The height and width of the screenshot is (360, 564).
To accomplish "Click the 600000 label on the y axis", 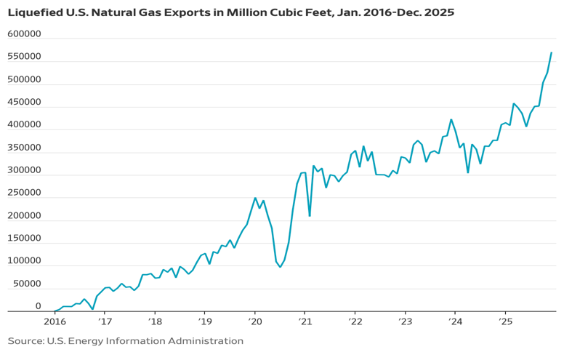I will point(25,34).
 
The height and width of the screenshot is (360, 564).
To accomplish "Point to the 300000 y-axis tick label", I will point(25,170).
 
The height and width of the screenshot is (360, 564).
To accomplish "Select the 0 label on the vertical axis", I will point(38,306).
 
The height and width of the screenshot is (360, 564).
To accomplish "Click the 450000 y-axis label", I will point(25,103).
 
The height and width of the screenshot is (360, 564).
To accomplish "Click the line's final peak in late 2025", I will point(552,52).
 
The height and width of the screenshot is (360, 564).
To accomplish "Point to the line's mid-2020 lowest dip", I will point(281,267).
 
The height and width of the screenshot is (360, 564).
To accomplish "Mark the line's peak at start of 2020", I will point(255,197).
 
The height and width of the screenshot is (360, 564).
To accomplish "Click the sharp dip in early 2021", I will point(310,216).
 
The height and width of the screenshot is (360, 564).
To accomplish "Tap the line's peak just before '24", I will point(451,119).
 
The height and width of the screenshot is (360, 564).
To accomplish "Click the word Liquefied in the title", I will point(36,13).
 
